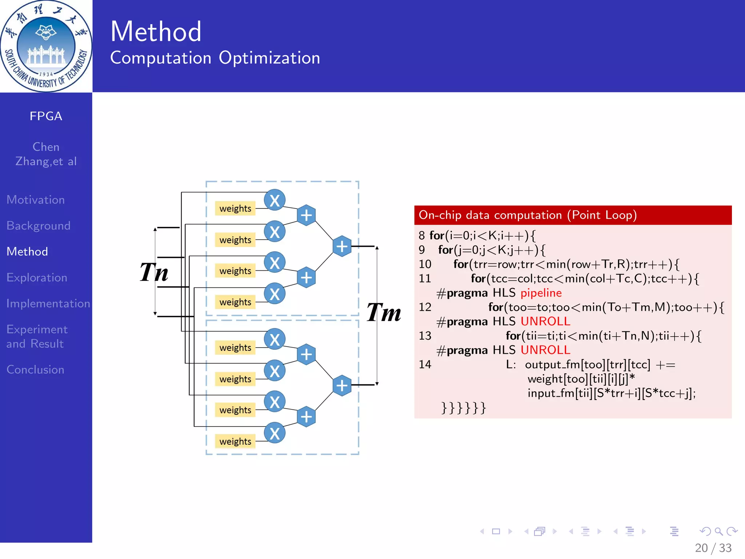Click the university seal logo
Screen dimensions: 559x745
46,46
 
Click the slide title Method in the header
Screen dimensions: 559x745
156,32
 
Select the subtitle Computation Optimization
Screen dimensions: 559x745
215,58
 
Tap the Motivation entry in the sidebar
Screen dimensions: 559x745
36,200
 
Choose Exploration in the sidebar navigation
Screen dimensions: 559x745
37,278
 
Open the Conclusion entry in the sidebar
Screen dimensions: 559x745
35,370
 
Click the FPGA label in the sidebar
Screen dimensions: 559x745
46,116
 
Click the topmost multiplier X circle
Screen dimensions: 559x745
274,200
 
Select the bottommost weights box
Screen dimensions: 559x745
235,441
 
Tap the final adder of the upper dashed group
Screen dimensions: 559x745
342,246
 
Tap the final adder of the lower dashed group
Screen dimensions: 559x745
342,385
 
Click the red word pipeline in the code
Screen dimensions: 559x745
541,293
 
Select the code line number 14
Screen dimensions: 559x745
425,364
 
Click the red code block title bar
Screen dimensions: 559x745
573,215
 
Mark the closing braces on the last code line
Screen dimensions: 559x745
463,408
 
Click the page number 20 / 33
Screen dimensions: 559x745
713,548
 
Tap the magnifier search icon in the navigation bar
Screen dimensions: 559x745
718,532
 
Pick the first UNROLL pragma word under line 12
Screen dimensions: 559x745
545,321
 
